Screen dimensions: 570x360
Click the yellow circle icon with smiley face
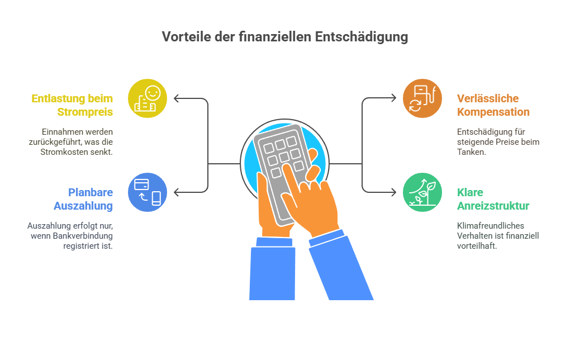coord(148,98)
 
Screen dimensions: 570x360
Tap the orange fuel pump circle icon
coord(422,98)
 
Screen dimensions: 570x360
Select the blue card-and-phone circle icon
coord(148,192)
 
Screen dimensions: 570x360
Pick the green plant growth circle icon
coord(422,192)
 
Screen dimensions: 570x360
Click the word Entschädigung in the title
coord(362,37)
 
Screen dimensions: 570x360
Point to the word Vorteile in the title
coord(186,37)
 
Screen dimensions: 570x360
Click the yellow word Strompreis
coord(85,112)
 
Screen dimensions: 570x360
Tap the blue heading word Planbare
coord(91,192)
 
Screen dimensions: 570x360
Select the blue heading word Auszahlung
coord(83,206)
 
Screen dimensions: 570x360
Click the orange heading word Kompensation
coord(493,112)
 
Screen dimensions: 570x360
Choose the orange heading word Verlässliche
coord(488,98)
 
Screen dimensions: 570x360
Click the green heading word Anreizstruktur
coord(493,206)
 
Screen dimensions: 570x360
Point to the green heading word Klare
coord(470,192)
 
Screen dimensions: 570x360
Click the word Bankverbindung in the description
coord(83,236)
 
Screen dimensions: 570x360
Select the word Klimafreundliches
coord(491,225)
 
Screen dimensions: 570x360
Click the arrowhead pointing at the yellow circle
coord(176,98)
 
